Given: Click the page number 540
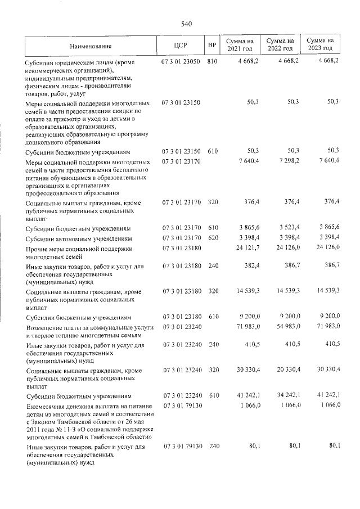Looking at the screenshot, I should (187, 24).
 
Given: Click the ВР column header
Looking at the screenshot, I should (211, 45).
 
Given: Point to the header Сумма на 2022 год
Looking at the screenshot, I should (280, 45).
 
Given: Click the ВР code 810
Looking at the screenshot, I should (212, 61).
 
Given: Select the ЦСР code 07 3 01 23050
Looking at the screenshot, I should (181, 61).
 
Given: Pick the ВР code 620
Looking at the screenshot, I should (212, 238).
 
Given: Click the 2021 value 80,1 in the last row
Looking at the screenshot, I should (252, 446).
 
